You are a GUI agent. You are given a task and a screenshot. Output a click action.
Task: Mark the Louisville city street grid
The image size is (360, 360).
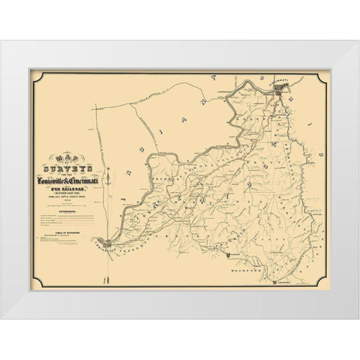coord(109,242)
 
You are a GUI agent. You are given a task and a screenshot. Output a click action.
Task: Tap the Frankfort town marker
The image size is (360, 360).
coord(227,256)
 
